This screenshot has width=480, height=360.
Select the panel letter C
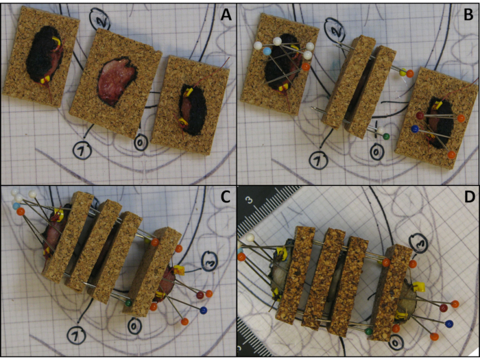[226, 198]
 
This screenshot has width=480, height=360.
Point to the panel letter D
[468, 197]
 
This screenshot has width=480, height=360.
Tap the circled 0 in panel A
[141, 144]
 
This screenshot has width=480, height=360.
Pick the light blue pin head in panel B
[267, 51]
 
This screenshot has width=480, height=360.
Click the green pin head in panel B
[386, 136]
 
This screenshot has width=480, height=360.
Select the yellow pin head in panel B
[403, 72]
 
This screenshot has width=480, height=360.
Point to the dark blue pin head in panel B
[415, 129]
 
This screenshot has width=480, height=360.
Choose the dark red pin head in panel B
[420, 115]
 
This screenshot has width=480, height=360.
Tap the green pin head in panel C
[129, 303]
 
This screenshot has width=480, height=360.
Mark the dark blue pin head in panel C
[203, 311]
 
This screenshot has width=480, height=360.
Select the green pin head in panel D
[369, 331]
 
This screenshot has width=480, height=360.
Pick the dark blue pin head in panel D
[449, 323]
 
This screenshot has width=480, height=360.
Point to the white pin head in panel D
[251, 237]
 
